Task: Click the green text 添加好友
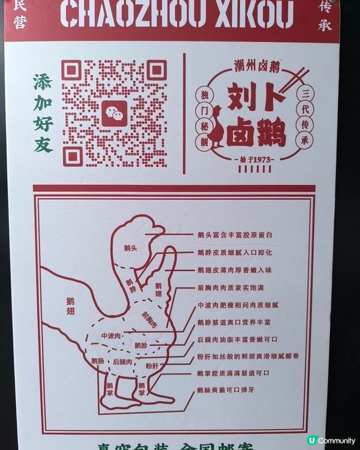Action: (x=43, y=113)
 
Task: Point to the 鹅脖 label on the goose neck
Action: (x=131, y=282)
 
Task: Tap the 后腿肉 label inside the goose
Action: (x=122, y=361)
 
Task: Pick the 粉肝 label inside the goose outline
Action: (x=152, y=365)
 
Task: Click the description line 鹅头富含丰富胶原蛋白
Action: (x=235, y=234)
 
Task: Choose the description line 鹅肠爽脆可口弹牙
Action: (x=234, y=391)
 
